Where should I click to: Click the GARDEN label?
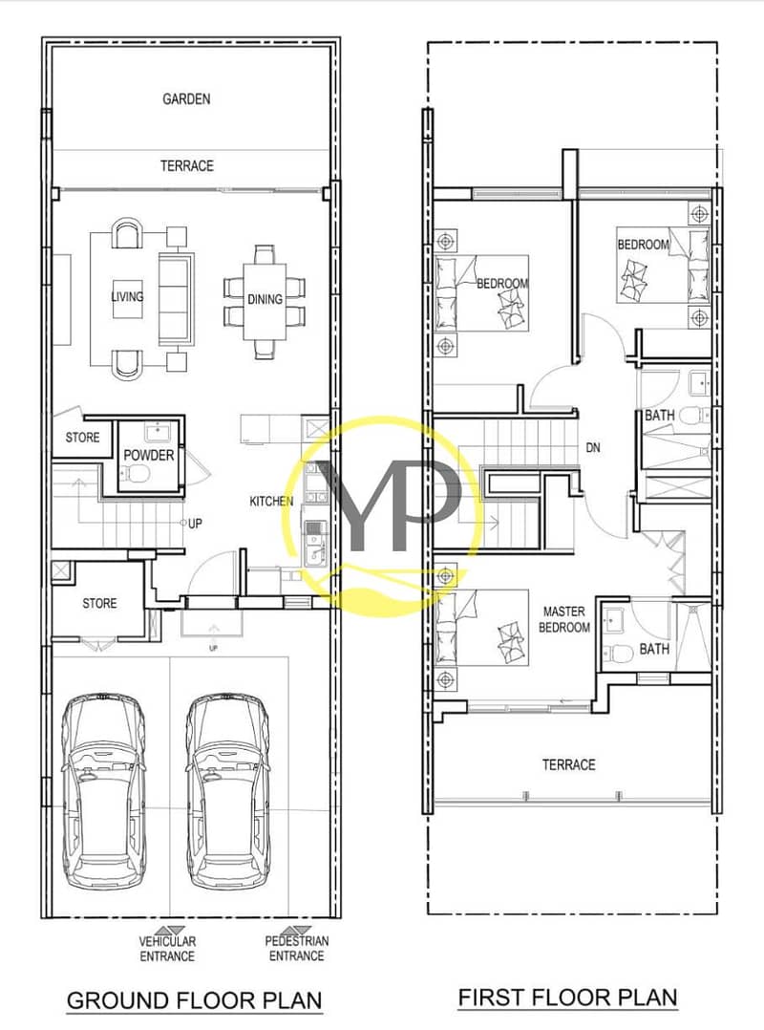186,99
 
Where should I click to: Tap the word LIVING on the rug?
127,296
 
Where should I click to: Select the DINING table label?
265,299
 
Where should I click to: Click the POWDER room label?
149,455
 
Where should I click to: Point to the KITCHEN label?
271,502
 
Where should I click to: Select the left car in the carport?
104,792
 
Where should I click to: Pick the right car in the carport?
227,792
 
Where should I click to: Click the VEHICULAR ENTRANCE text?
167,949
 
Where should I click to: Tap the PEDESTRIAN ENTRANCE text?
297,949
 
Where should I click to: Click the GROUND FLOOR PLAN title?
195,1000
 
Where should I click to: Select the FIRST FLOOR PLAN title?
568,998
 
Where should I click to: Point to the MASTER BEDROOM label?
563,619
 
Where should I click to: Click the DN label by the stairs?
593,448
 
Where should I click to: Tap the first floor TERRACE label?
568,764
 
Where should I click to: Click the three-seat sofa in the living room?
176,300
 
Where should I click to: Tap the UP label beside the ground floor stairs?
195,524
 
